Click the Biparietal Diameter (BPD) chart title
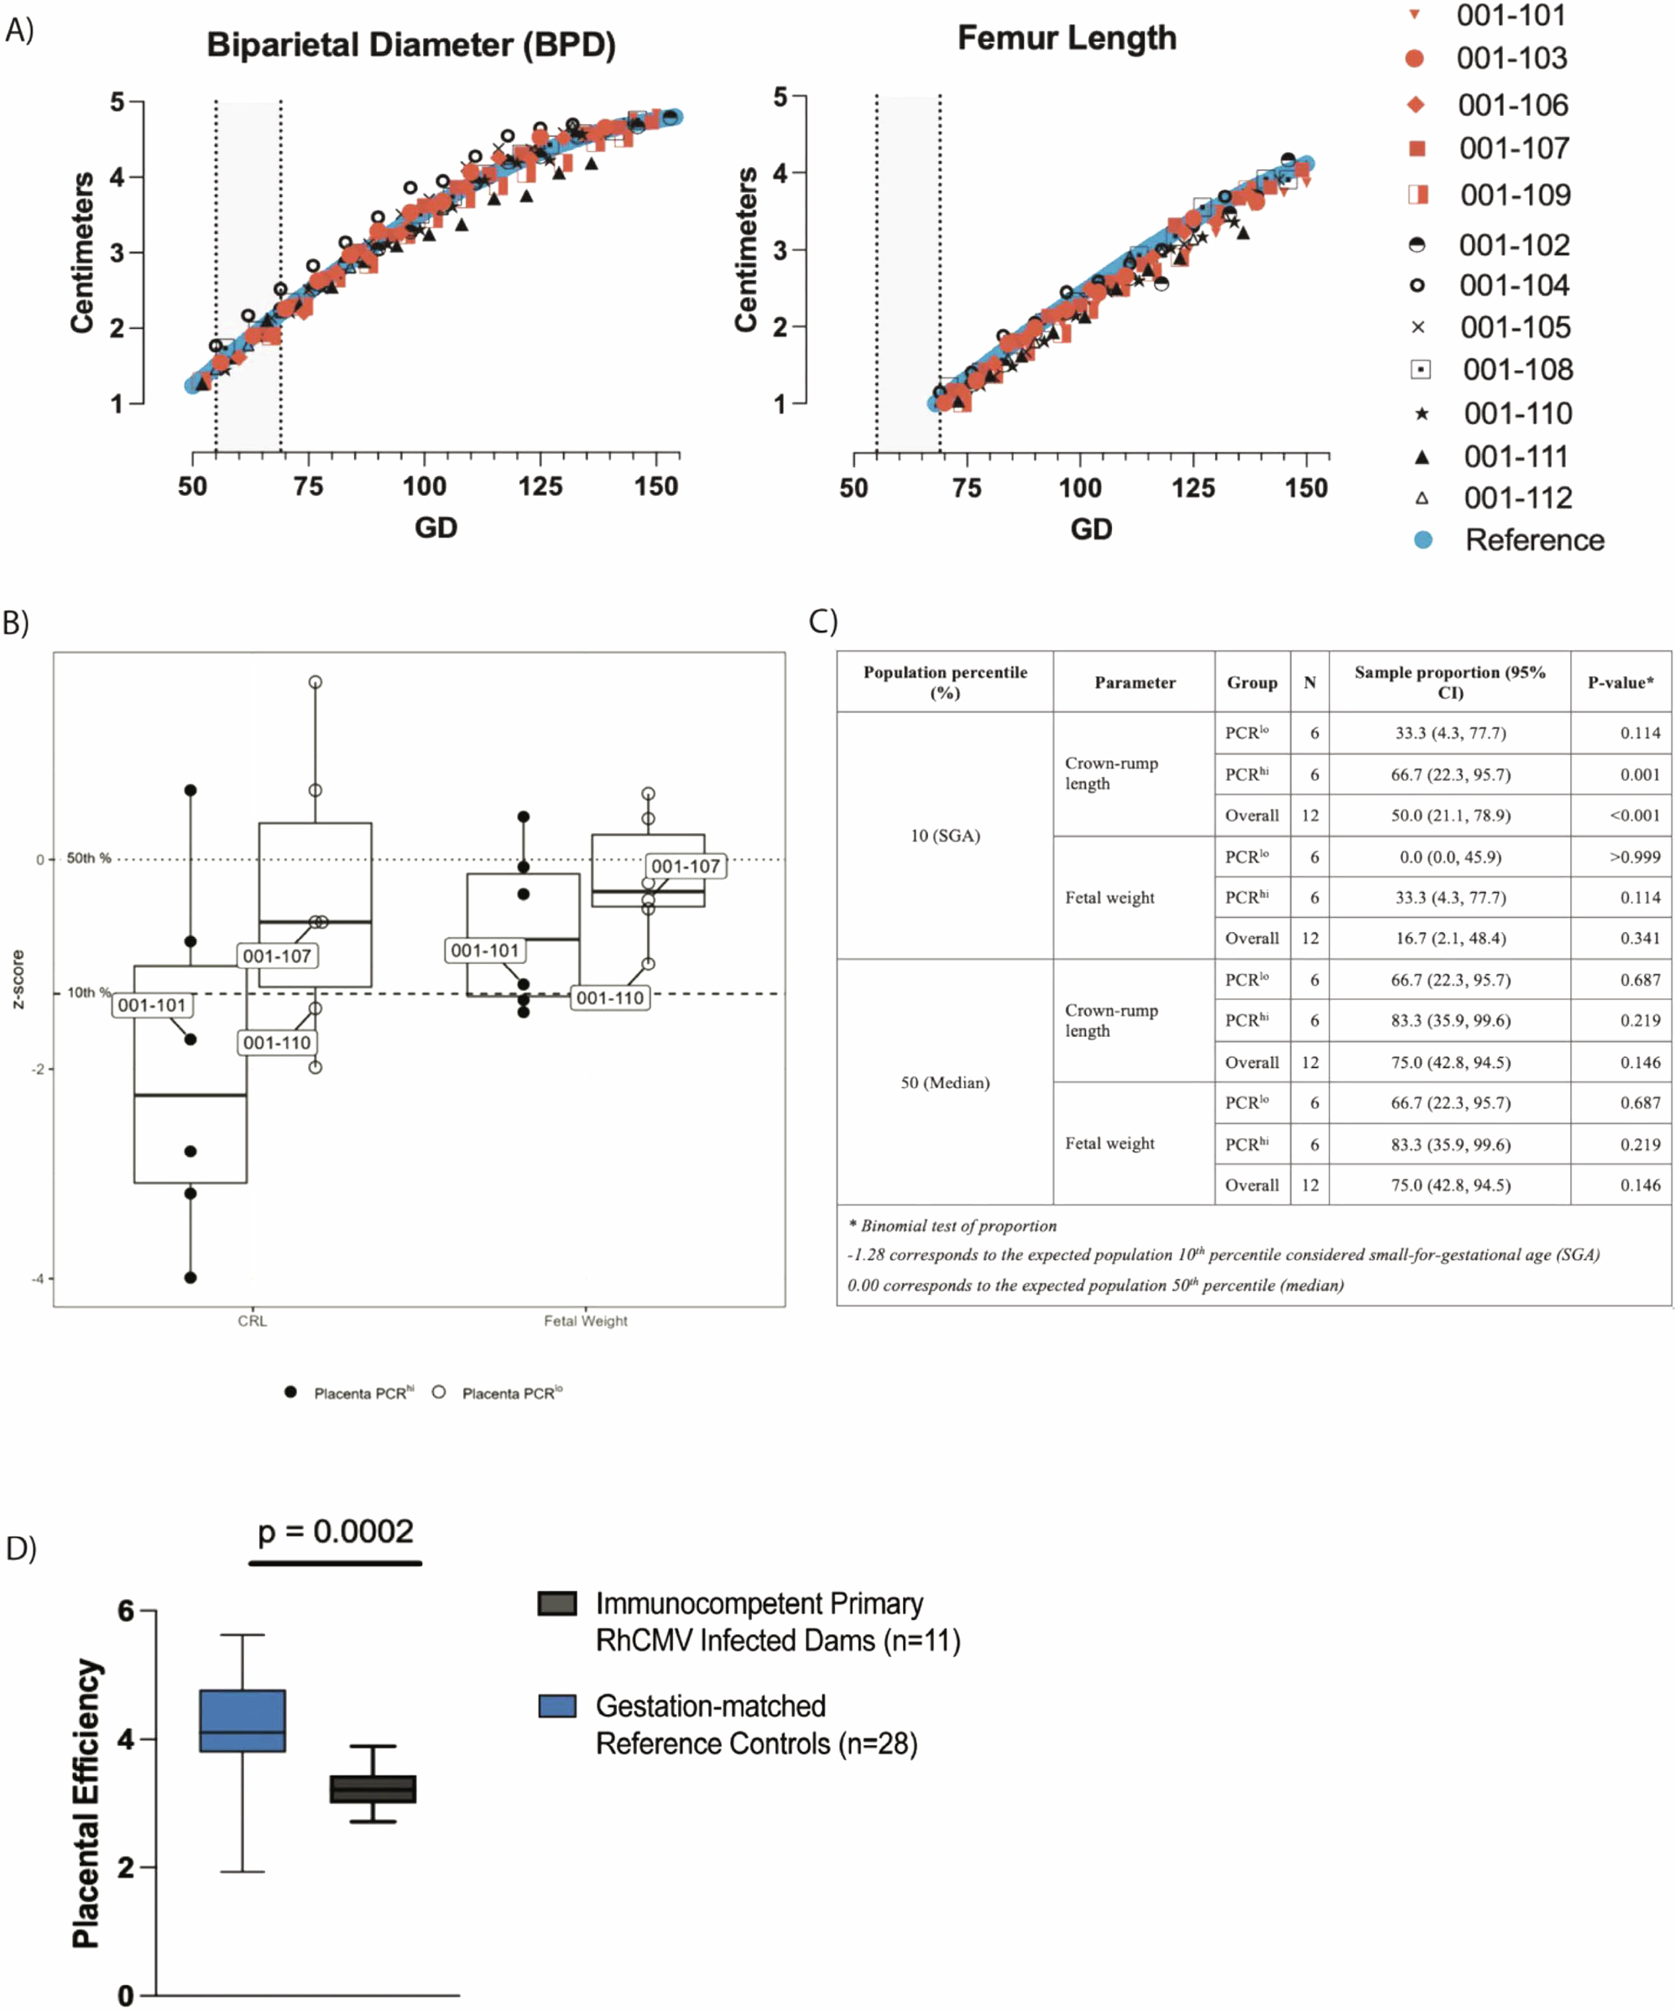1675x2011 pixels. (411, 45)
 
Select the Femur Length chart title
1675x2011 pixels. (1066, 39)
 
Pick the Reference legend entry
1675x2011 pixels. (1533, 540)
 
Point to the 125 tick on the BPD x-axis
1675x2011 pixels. (540, 487)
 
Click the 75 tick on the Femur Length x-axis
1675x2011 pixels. (966, 488)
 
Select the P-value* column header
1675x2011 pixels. (1620, 682)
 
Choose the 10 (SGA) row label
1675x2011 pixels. (944, 835)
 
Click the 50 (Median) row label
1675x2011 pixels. (944, 1082)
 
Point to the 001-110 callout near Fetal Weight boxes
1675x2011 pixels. (609, 998)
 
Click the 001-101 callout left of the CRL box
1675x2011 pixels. (151, 1005)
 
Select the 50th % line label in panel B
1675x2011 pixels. (88, 858)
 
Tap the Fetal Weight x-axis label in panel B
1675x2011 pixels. (585, 1321)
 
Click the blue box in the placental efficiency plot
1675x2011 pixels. (243, 1721)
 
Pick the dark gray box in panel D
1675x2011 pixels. (373, 1789)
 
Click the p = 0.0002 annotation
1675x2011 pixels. (335, 1531)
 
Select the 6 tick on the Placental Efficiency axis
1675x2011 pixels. (126, 1611)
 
